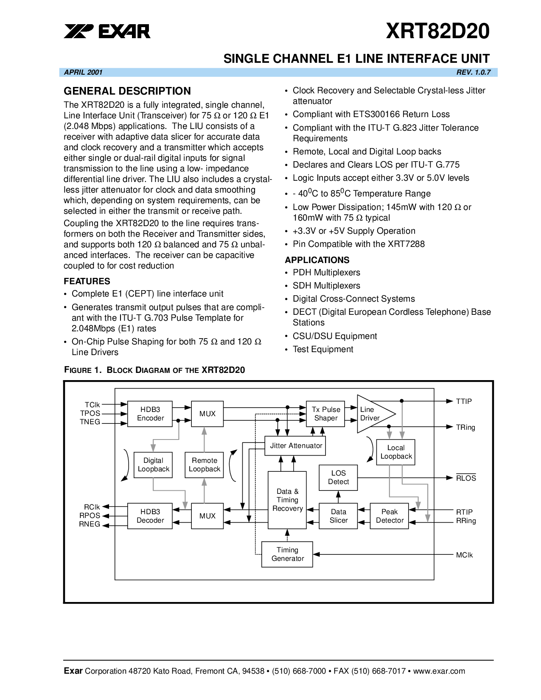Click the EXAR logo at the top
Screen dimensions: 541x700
(x=107, y=31)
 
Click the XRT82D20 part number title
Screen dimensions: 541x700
(x=437, y=31)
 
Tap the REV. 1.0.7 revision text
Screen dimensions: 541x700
(x=473, y=73)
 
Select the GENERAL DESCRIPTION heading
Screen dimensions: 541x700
(x=127, y=91)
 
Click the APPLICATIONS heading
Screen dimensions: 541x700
(x=317, y=260)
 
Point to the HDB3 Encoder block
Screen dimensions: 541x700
(x=150, y=414)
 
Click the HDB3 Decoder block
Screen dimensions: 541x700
(x=150, y=516)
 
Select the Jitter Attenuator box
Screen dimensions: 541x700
(x=295, y=446)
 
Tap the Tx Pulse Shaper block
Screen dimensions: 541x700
(x=325, y=414)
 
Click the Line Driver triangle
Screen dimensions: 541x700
(x=374, y=414)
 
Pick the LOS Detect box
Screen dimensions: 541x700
(x=338, y=478)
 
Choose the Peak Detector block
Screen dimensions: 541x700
(x=389, y=516)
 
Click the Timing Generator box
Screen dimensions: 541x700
(x=287, y=554)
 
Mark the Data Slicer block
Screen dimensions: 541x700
(x=338, y=516)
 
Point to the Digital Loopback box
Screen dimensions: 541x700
(x=153, y=465)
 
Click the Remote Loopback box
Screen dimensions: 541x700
(x=204, y=465)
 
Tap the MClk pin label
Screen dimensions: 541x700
(x=464, y=555)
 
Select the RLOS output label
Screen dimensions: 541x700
(x=466, y=478)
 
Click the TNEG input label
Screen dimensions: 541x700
(x=90, y=422)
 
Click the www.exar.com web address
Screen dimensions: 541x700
(x=439, y=671)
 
